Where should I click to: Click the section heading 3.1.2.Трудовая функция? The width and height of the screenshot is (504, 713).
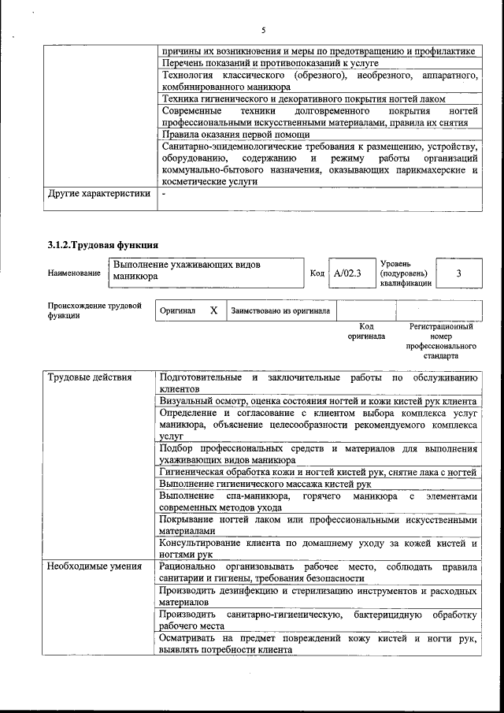(102, 244)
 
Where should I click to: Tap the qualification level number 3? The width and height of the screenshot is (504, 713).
(458, 273)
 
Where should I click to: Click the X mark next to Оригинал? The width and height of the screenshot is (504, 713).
(213, 310)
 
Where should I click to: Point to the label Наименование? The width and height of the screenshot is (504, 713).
(74, 273)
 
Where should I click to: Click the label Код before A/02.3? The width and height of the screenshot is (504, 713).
(317, 273)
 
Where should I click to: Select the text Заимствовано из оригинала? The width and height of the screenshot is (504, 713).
(280, 310)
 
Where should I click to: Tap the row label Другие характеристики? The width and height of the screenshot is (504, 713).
(98, 193)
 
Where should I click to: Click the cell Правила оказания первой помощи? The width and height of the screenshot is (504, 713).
(236, 134)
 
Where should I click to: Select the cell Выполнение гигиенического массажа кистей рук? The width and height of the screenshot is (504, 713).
(265, 483)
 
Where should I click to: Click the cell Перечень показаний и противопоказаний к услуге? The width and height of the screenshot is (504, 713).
(270, 62)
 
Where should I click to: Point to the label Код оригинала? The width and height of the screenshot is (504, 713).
(366, 331)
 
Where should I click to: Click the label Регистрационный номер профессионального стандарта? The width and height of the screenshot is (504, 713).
(441, 340)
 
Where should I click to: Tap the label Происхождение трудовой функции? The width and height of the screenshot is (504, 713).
(94, 310)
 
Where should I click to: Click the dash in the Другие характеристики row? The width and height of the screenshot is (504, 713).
(163, 193)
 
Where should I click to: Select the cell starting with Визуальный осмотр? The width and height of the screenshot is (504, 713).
(317, 401)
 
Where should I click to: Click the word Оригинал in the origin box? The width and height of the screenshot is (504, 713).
(177, 310)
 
